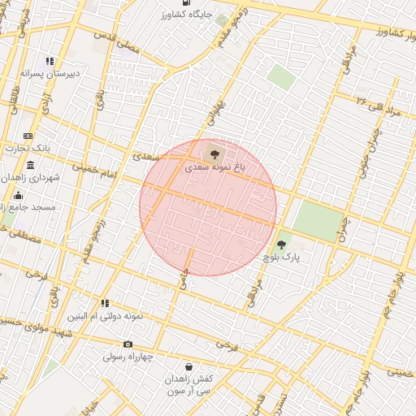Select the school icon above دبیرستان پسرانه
pos(50,60)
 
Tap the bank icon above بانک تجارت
pos(28,136)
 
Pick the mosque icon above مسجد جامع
pos(18,195)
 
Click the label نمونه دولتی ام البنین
pos(105,314)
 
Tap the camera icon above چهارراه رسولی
pos(128,344)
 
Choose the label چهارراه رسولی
pos(128,356)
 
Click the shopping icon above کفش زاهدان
pos(188,366)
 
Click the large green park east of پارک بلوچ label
pos(317,219)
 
